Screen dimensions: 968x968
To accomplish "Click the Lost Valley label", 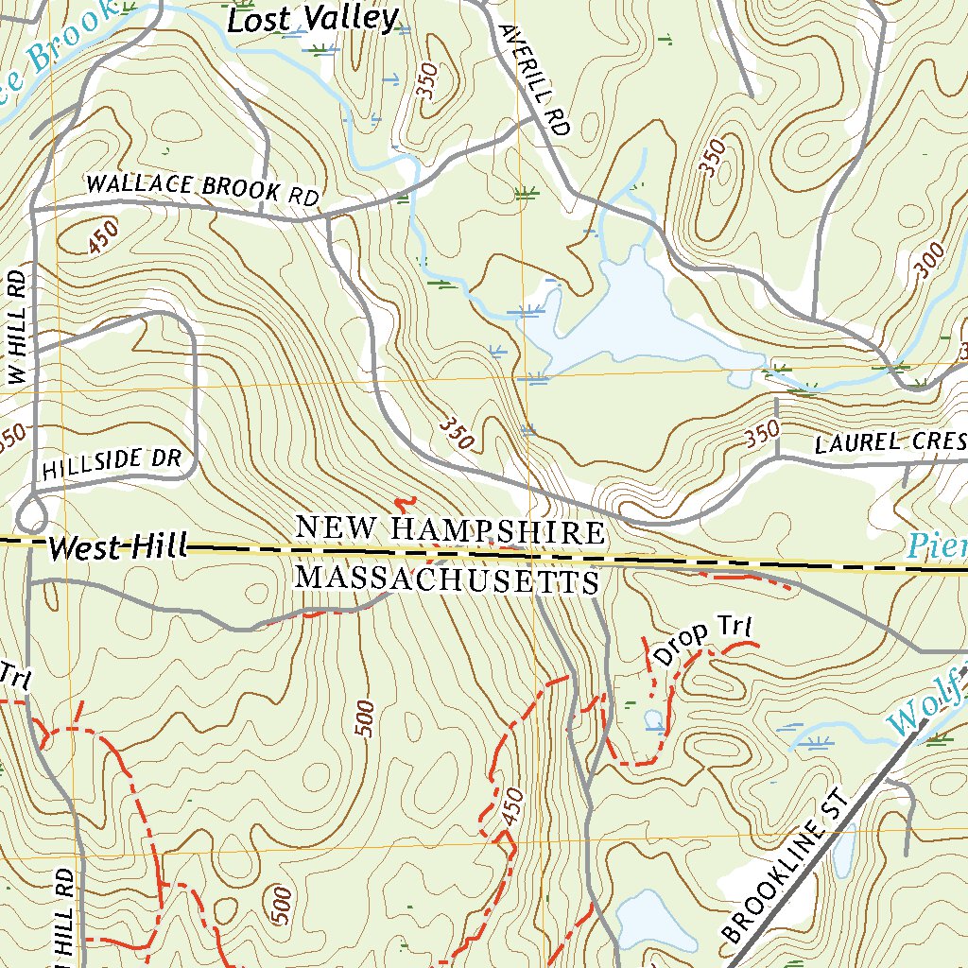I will (314, 19).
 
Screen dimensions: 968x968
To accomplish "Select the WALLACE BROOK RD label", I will (202, 188).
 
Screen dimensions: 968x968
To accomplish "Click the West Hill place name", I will (117, 546).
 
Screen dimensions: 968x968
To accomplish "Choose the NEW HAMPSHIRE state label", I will (450, 529).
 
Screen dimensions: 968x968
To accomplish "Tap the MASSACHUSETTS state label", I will (448, 578).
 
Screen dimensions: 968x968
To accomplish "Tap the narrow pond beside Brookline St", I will (841, 851).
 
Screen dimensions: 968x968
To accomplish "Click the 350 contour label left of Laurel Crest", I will (762, 433).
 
